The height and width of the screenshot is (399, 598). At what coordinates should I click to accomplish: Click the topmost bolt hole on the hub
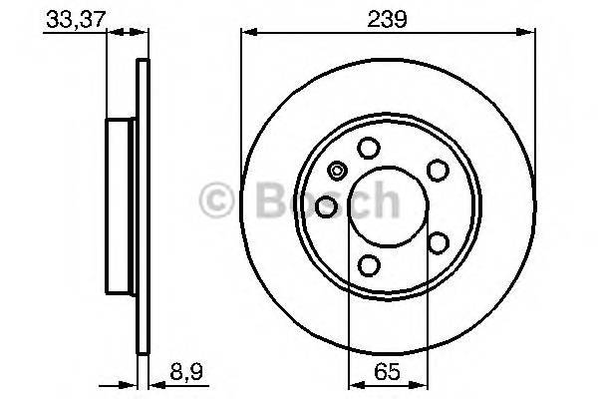(369, 149)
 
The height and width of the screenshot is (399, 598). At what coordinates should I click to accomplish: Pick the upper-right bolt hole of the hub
(437, 171)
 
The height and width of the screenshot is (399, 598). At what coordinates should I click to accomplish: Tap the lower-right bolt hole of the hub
(437, 242)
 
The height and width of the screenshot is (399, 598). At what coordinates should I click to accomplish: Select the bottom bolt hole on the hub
(369, 264)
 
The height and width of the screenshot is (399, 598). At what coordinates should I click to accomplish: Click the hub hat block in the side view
(121, 206)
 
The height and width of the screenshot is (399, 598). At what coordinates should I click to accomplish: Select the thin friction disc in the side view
(143, 206)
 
